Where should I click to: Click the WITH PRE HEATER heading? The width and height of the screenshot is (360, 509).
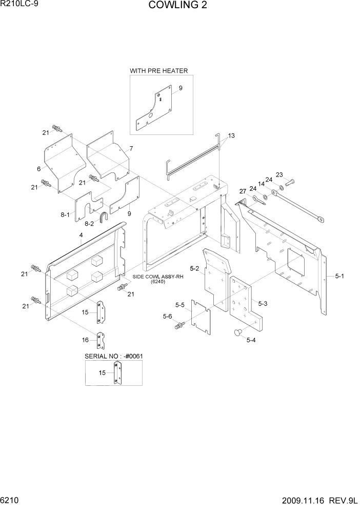(x=158, y=70)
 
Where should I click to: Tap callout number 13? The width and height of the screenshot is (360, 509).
(x=231, y=136)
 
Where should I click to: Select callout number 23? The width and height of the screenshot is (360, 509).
(x=279, y=174)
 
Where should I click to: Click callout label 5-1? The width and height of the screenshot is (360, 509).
(x=339, y=276)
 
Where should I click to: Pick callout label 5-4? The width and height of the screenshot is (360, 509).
(x=251, y=340)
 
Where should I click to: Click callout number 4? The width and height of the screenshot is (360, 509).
(x=81, y=236)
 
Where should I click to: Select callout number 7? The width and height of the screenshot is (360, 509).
(x=131, y=148)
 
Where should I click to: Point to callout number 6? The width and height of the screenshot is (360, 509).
(x=38, y=169)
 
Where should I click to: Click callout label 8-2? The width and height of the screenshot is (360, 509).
(x=89, y=224)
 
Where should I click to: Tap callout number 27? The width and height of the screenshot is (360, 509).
(x=243, y=191)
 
